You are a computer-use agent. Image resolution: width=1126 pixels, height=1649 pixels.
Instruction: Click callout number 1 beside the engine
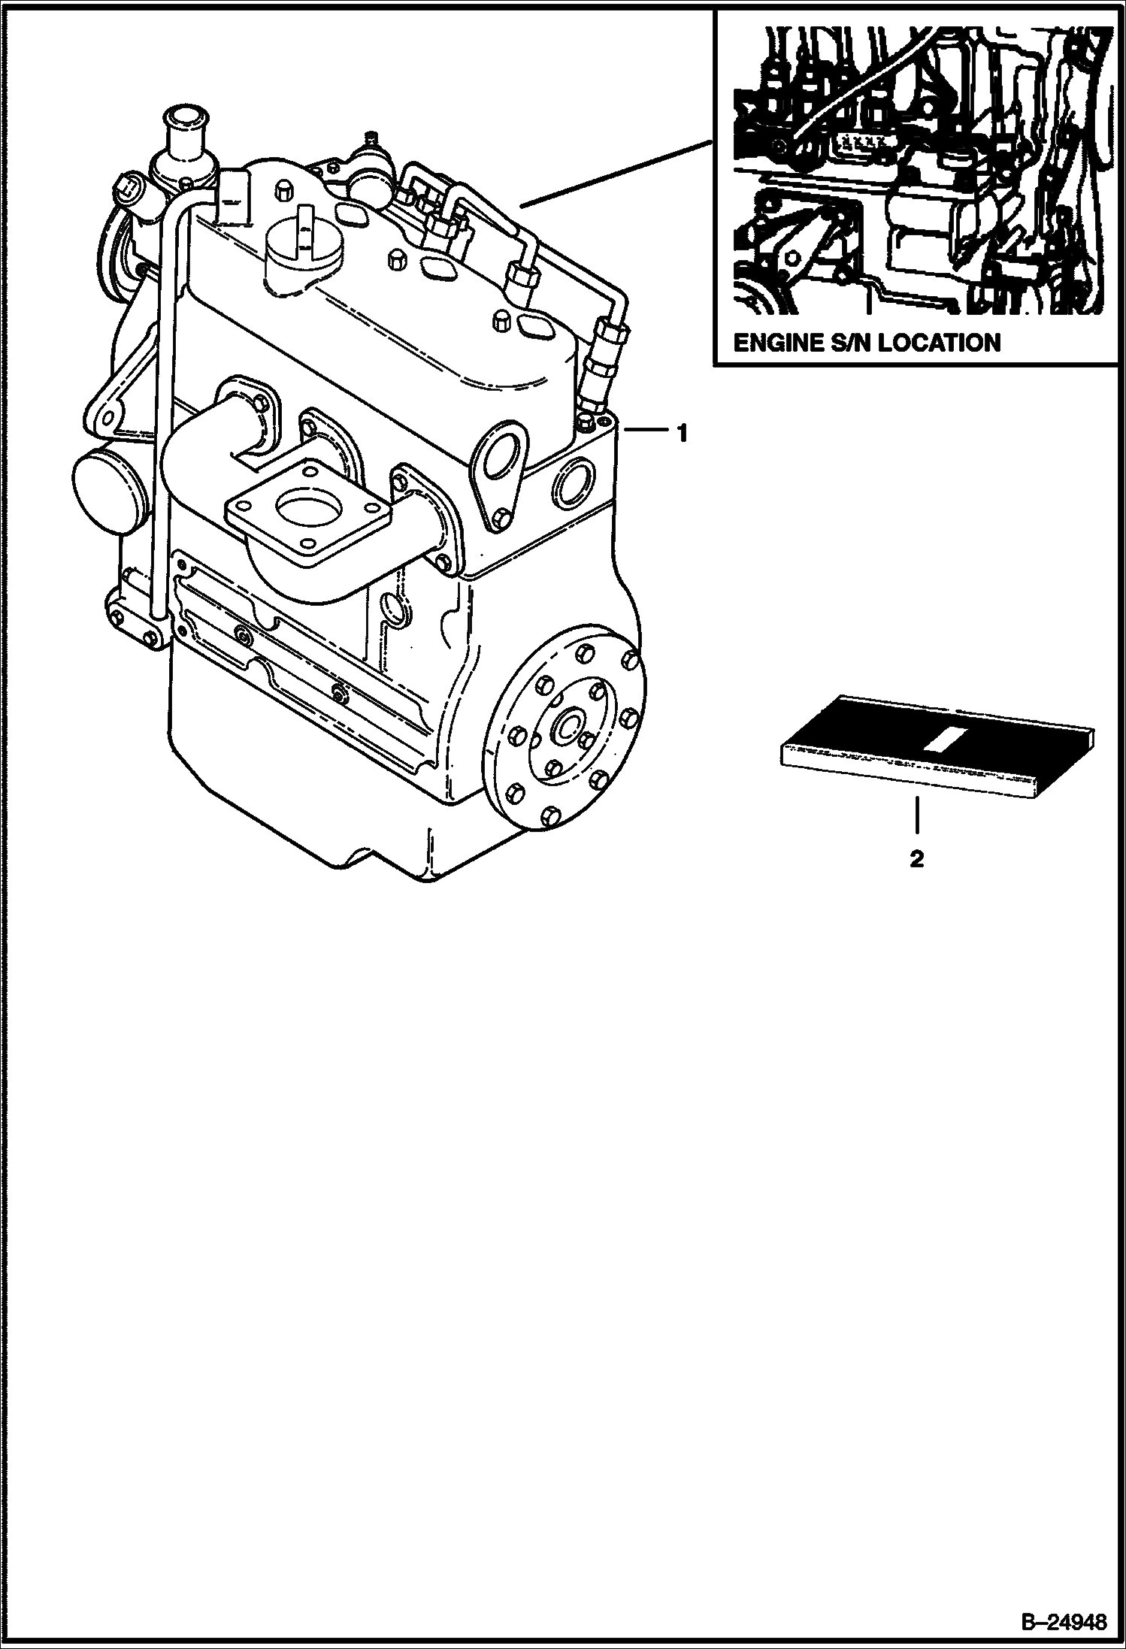tap(681, 434)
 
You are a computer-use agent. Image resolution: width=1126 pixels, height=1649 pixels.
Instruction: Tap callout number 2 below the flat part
tap(916, 859)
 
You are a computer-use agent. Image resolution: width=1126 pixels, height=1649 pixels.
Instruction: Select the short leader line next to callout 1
tap(643, 430)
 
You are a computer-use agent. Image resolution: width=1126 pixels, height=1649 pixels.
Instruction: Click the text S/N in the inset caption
tap(849, 343)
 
